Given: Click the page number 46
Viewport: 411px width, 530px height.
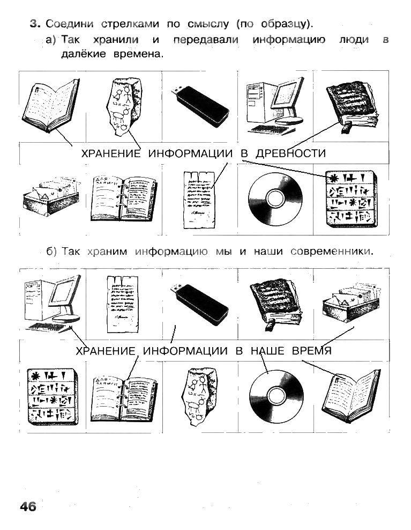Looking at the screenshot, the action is [x=28, y=506].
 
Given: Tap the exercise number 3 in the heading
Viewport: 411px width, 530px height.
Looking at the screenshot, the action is [x=35, y=24].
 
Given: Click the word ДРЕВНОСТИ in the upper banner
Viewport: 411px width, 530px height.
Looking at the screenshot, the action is [x=290, y=153].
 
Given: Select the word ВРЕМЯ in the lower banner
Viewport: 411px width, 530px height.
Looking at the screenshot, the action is [x=311, y=351].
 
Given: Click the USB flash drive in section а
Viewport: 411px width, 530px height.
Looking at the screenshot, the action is [x=200, y=106].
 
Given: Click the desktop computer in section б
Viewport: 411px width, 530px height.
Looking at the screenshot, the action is [x=53, y=304].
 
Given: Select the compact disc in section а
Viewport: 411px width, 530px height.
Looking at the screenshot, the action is [x=275, y=198].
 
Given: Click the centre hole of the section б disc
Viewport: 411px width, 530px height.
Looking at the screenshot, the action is [x=277, y=396].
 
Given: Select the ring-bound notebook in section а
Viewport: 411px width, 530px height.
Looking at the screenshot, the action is [x=124, y=198].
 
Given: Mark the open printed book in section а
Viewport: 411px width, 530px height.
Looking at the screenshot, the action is [x=51, y=106].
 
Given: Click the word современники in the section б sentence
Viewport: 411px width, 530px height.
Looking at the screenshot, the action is [x=332, y=252].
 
